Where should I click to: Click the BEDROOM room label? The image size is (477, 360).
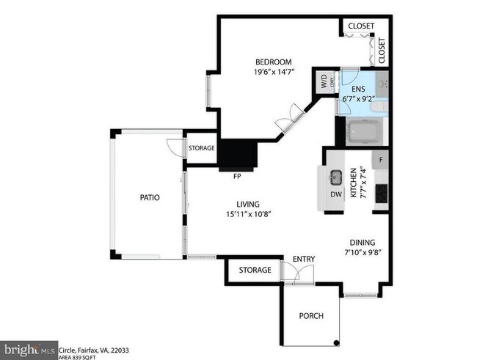coord(274,62)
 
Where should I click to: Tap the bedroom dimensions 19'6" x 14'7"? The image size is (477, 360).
coord(274,72)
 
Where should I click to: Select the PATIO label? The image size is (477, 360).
coord(150,197)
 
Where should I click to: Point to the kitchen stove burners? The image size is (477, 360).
coord(382,194)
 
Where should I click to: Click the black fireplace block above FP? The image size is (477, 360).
coord(238,155)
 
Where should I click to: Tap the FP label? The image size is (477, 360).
coord(237,177)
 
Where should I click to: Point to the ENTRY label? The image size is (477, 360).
coord(304,260)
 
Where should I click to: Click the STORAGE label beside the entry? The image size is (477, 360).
coord(255,270)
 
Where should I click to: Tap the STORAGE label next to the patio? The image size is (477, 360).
coord(201,148)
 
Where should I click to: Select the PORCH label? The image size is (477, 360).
coord(310,316)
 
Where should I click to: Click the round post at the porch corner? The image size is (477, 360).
coord(337,342)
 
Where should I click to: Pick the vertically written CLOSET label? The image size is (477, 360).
coord(382,50)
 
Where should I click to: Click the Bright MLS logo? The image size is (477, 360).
coord(29,349)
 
